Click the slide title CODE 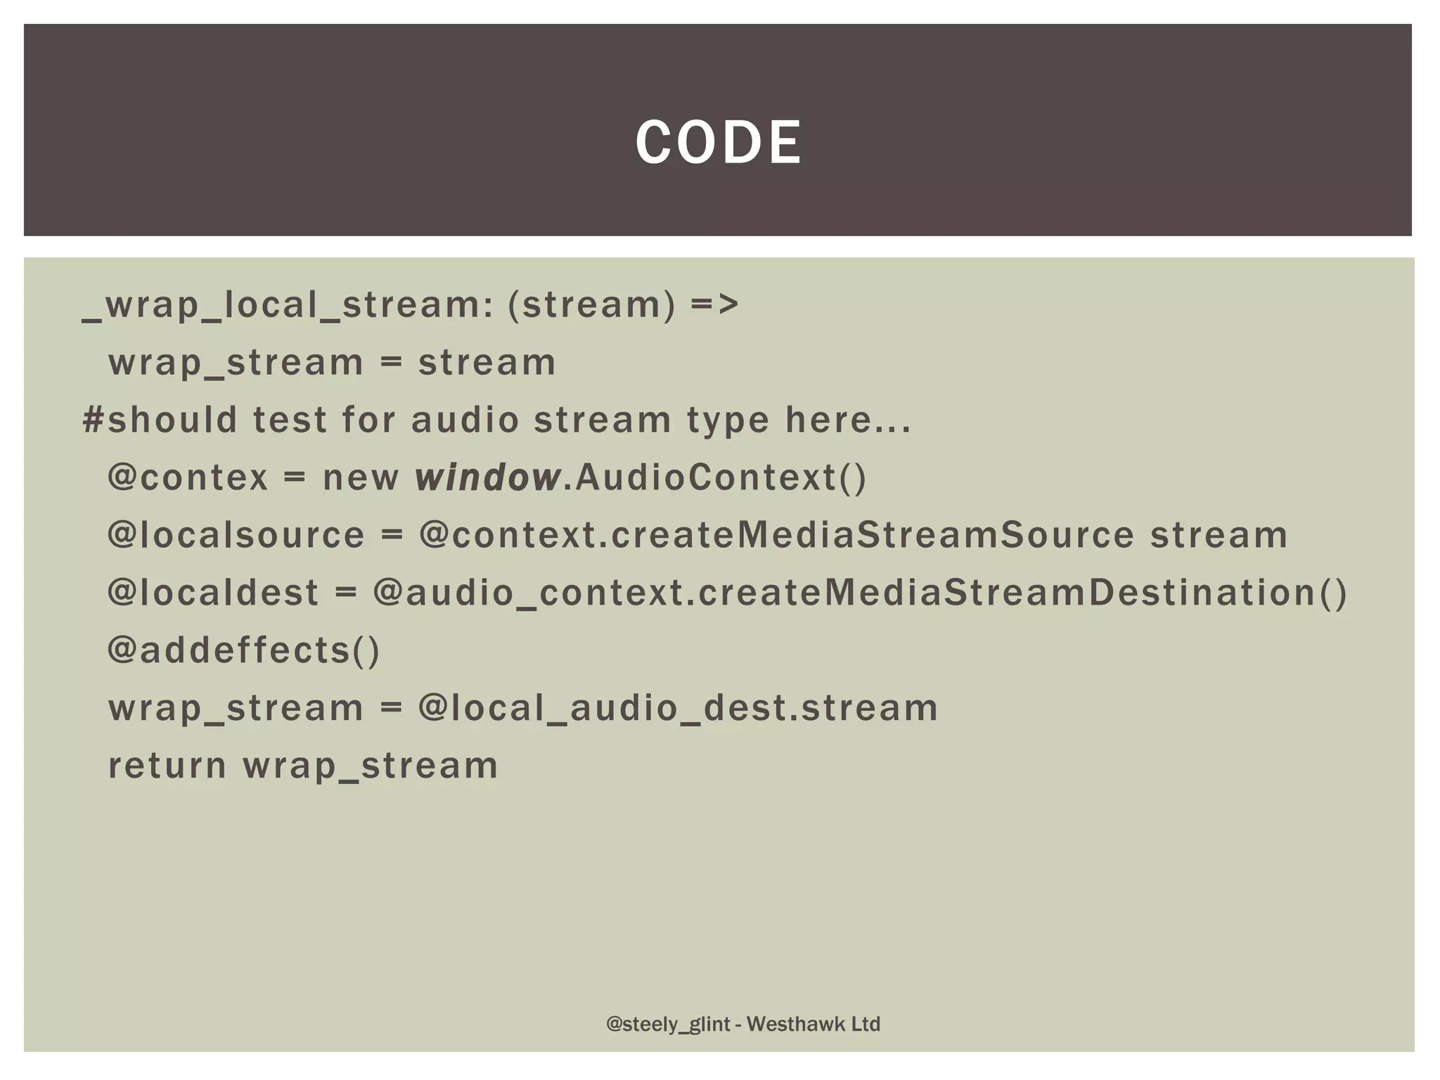tap(718, 143)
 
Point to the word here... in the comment tap(848, 420)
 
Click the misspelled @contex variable tap(188, 477)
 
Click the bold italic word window tap(487, 477)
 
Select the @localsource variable tap(236, 535)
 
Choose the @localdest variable tap(213, 593)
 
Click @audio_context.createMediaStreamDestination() tap(860, 593)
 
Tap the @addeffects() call tap(244, 650)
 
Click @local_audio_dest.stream tap(678, 708)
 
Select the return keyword tap(167, 766)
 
